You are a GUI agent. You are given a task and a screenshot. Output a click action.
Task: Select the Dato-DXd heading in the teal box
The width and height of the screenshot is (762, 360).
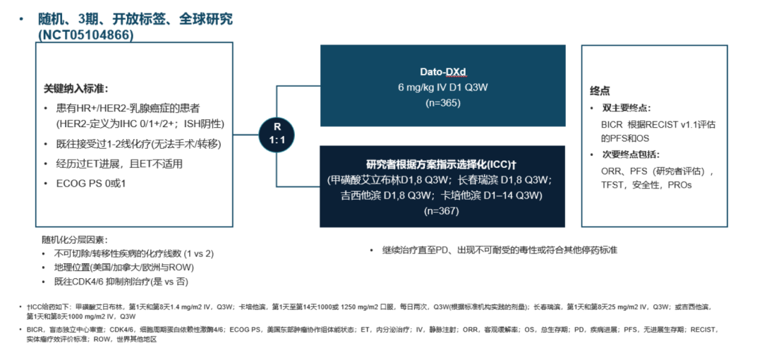pos(442,72)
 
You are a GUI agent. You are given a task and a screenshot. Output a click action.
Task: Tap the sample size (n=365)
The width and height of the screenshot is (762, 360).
pos(442,103)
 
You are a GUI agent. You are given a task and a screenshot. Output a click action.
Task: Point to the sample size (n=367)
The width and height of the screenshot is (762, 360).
pos(442,211)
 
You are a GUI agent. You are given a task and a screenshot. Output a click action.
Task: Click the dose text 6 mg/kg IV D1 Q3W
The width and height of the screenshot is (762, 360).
pos(442,88)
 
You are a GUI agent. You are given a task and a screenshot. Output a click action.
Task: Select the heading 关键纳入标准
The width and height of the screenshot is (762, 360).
pos(75,90)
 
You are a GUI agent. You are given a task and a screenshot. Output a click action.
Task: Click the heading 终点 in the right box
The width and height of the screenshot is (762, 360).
pos(600,91)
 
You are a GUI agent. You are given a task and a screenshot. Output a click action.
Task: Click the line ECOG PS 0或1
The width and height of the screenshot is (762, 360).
pos(85,184)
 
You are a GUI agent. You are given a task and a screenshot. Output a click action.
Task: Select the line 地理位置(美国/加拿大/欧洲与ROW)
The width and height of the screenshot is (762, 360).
pos(124,268)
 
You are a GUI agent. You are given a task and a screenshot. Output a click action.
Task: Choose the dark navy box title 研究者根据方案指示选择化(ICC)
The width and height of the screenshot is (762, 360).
pos(442,164)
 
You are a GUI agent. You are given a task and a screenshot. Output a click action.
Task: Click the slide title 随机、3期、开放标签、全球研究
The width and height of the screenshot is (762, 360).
pos(135,19)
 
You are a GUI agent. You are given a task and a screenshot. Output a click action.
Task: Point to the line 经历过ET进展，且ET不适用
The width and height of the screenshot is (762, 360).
pos(119,164)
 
